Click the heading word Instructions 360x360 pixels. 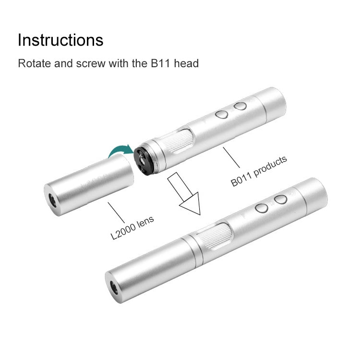point(60,40)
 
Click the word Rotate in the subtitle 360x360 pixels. point(33,63)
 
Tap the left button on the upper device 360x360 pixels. point(221,114)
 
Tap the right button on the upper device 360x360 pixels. point(241,106)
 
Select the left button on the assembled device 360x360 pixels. point(262,208)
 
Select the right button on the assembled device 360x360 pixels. point(281,199)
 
